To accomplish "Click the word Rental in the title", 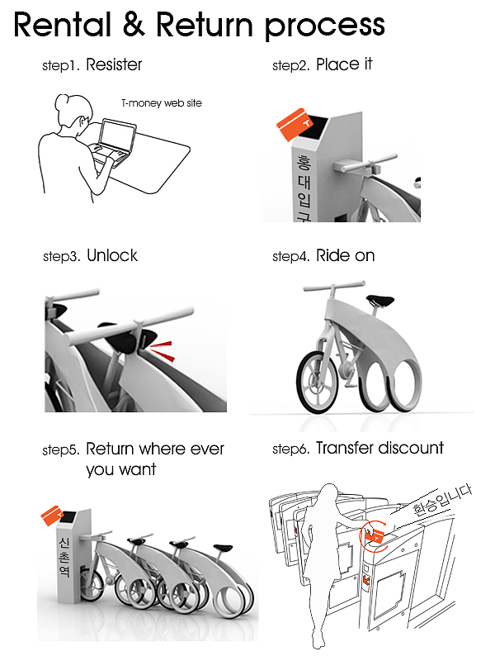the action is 64,25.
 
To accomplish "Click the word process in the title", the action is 325,27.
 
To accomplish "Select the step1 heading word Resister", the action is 114,64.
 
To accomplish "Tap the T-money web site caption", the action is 162,102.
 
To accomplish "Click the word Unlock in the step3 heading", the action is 112,255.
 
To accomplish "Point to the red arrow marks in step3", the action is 162,351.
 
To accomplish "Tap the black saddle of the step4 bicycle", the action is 380,300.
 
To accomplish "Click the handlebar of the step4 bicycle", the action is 334,287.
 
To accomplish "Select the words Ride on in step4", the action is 345,255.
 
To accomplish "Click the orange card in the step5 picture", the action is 52,515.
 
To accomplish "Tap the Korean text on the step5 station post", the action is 65,556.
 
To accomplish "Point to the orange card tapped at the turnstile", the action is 374,535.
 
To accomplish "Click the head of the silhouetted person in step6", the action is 328,494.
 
